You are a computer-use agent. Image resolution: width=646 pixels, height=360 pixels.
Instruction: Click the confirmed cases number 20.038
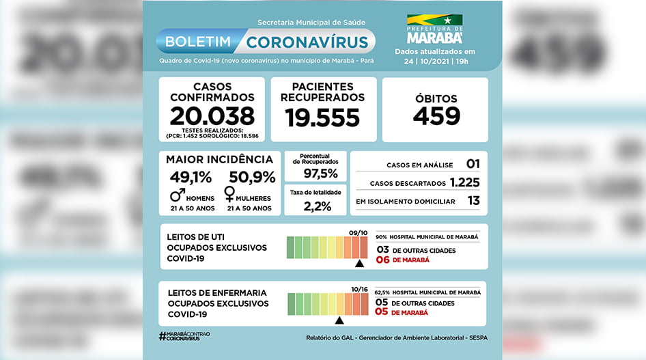pos(212,115)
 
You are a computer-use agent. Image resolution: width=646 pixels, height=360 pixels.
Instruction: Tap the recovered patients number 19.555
pos(322,117)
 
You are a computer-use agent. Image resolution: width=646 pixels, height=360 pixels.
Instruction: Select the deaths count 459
pos(436,115)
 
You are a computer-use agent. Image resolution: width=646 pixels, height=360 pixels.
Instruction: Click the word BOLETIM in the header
pos(198,42)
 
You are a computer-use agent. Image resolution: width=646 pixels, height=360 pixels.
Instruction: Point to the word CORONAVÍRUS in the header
pos(307,42)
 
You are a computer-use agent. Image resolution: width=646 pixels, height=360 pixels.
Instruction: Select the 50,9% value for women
pos(252,178)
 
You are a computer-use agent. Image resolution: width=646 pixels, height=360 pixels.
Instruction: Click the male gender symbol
pos(178,196)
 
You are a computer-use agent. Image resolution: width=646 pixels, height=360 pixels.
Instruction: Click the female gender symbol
pos(229,197)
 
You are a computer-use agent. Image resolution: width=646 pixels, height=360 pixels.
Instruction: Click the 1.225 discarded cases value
pos(464,182)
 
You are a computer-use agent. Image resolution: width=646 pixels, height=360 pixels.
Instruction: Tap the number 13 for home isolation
pos(473,201)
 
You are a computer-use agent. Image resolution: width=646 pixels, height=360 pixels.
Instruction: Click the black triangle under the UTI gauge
pos(359,263)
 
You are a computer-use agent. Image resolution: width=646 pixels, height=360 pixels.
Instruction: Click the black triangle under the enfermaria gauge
pos(339,319)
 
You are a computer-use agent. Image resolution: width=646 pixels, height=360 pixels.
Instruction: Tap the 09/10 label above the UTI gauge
pos(358,233)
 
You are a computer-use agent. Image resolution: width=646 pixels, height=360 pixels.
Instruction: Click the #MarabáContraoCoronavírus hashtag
pos(184,336)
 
